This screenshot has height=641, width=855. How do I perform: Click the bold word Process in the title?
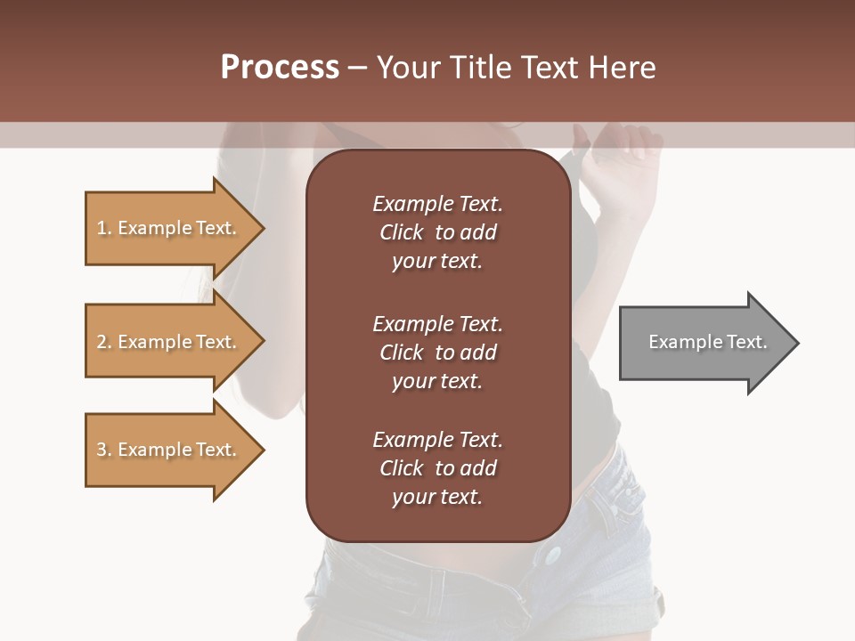[x=280, y=68]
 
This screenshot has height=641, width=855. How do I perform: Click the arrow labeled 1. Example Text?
[x=169, y=228]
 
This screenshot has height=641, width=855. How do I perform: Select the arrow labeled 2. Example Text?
[x=169, y=342]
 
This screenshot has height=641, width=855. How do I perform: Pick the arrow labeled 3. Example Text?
[x=169, y=450]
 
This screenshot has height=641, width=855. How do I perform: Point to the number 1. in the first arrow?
[x=104, y=228]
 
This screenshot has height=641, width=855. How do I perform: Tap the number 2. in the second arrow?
[x=104, y=342]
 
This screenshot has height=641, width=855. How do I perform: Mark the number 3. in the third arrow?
[x=104, y=450]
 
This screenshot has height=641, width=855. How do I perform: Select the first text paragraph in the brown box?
[x=437, y=232]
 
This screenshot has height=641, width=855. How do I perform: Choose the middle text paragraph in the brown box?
[x=437, y=353]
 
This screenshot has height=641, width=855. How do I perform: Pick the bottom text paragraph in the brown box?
[x=437, y=468]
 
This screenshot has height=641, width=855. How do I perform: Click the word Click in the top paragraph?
[x=402, y=233]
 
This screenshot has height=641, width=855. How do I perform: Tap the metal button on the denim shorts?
[x=553, y=556]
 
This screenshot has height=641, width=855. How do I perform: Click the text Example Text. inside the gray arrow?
[x=707, y=342]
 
